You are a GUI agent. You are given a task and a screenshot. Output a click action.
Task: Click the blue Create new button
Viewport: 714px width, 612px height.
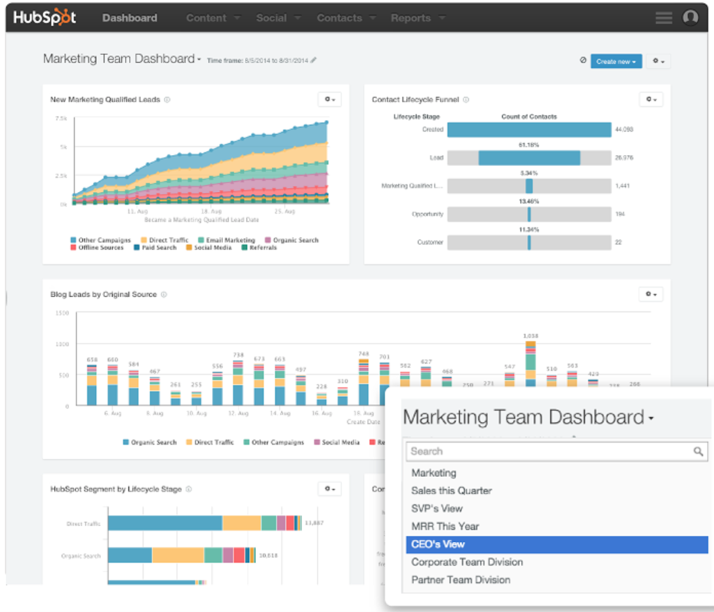pos(616,61)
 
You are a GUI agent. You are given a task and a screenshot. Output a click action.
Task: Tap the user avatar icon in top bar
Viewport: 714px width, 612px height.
pos(690,18)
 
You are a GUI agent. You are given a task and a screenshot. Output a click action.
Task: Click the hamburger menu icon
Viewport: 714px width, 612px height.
pos(663,19)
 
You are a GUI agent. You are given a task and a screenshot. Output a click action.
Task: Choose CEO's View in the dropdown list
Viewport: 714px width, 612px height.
pos(437,544)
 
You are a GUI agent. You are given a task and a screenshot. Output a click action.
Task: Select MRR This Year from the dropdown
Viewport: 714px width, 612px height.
pos(445,526)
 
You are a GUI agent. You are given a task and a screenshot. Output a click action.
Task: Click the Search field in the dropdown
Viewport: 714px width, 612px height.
pos(549,451)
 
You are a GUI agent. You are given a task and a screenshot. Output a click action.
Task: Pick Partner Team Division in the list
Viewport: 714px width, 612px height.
pos(461,580)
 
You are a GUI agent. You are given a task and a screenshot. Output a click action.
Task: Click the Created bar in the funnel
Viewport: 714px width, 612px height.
pos(529,130)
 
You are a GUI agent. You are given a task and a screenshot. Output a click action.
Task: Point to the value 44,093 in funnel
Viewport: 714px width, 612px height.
pos(624,130)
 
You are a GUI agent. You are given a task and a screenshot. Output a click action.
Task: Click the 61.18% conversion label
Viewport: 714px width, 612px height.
pos(529,145)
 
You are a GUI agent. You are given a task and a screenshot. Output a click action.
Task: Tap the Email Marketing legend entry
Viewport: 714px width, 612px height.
pos(230,240)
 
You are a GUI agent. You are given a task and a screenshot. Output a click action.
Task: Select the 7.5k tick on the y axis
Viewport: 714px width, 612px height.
pos(61,119)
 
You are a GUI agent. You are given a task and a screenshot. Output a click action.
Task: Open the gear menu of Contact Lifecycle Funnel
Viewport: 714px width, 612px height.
pos(651,99)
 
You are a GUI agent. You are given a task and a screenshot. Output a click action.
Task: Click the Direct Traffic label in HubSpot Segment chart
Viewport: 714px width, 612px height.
pos(84,523)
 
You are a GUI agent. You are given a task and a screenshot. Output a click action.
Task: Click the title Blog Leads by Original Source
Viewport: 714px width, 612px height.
pos(104,294)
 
